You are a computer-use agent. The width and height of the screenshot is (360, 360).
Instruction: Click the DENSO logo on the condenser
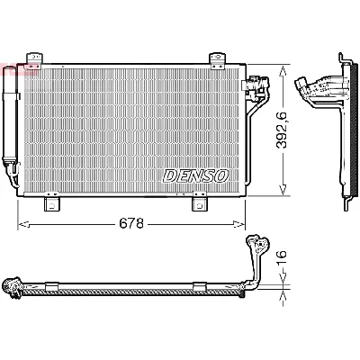pos(196,175)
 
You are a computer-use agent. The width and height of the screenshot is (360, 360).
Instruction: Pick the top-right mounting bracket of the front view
pos(217,61)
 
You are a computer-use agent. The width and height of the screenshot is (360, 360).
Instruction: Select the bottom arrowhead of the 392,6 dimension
pos(284,191)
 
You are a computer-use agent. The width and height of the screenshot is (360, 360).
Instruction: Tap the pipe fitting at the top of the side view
pos(314,88)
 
